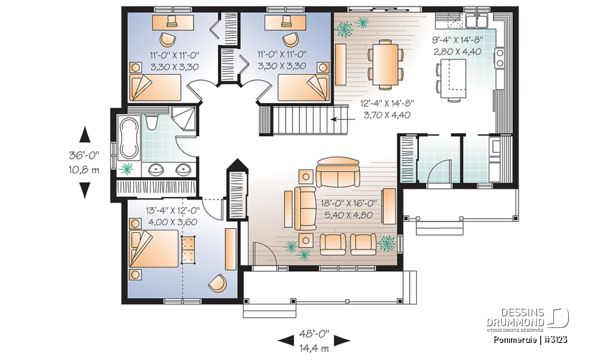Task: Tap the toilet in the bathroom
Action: pos(152,123)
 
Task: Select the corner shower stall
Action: pos(184,118)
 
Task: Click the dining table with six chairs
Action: pos(385,65)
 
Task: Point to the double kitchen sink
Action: pos(477,21)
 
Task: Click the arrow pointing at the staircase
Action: pos(343,120)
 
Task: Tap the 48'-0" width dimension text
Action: pos(314,333)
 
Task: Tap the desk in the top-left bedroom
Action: pos(173,22)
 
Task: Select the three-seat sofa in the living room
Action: pos(338,172)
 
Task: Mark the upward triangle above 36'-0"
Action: pos(85,134)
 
